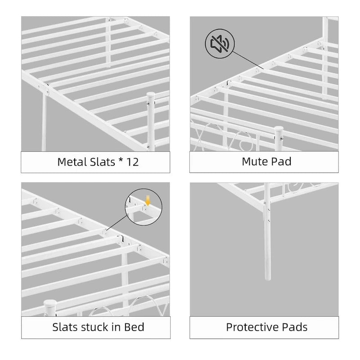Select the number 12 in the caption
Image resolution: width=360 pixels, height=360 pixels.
point(132,162)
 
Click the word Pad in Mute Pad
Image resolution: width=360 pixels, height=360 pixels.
point(282,161)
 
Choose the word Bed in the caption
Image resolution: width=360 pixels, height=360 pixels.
point(135,327)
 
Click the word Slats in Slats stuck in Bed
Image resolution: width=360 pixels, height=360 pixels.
point(63,327)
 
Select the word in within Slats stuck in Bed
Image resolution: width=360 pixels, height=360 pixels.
point(115,327)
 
